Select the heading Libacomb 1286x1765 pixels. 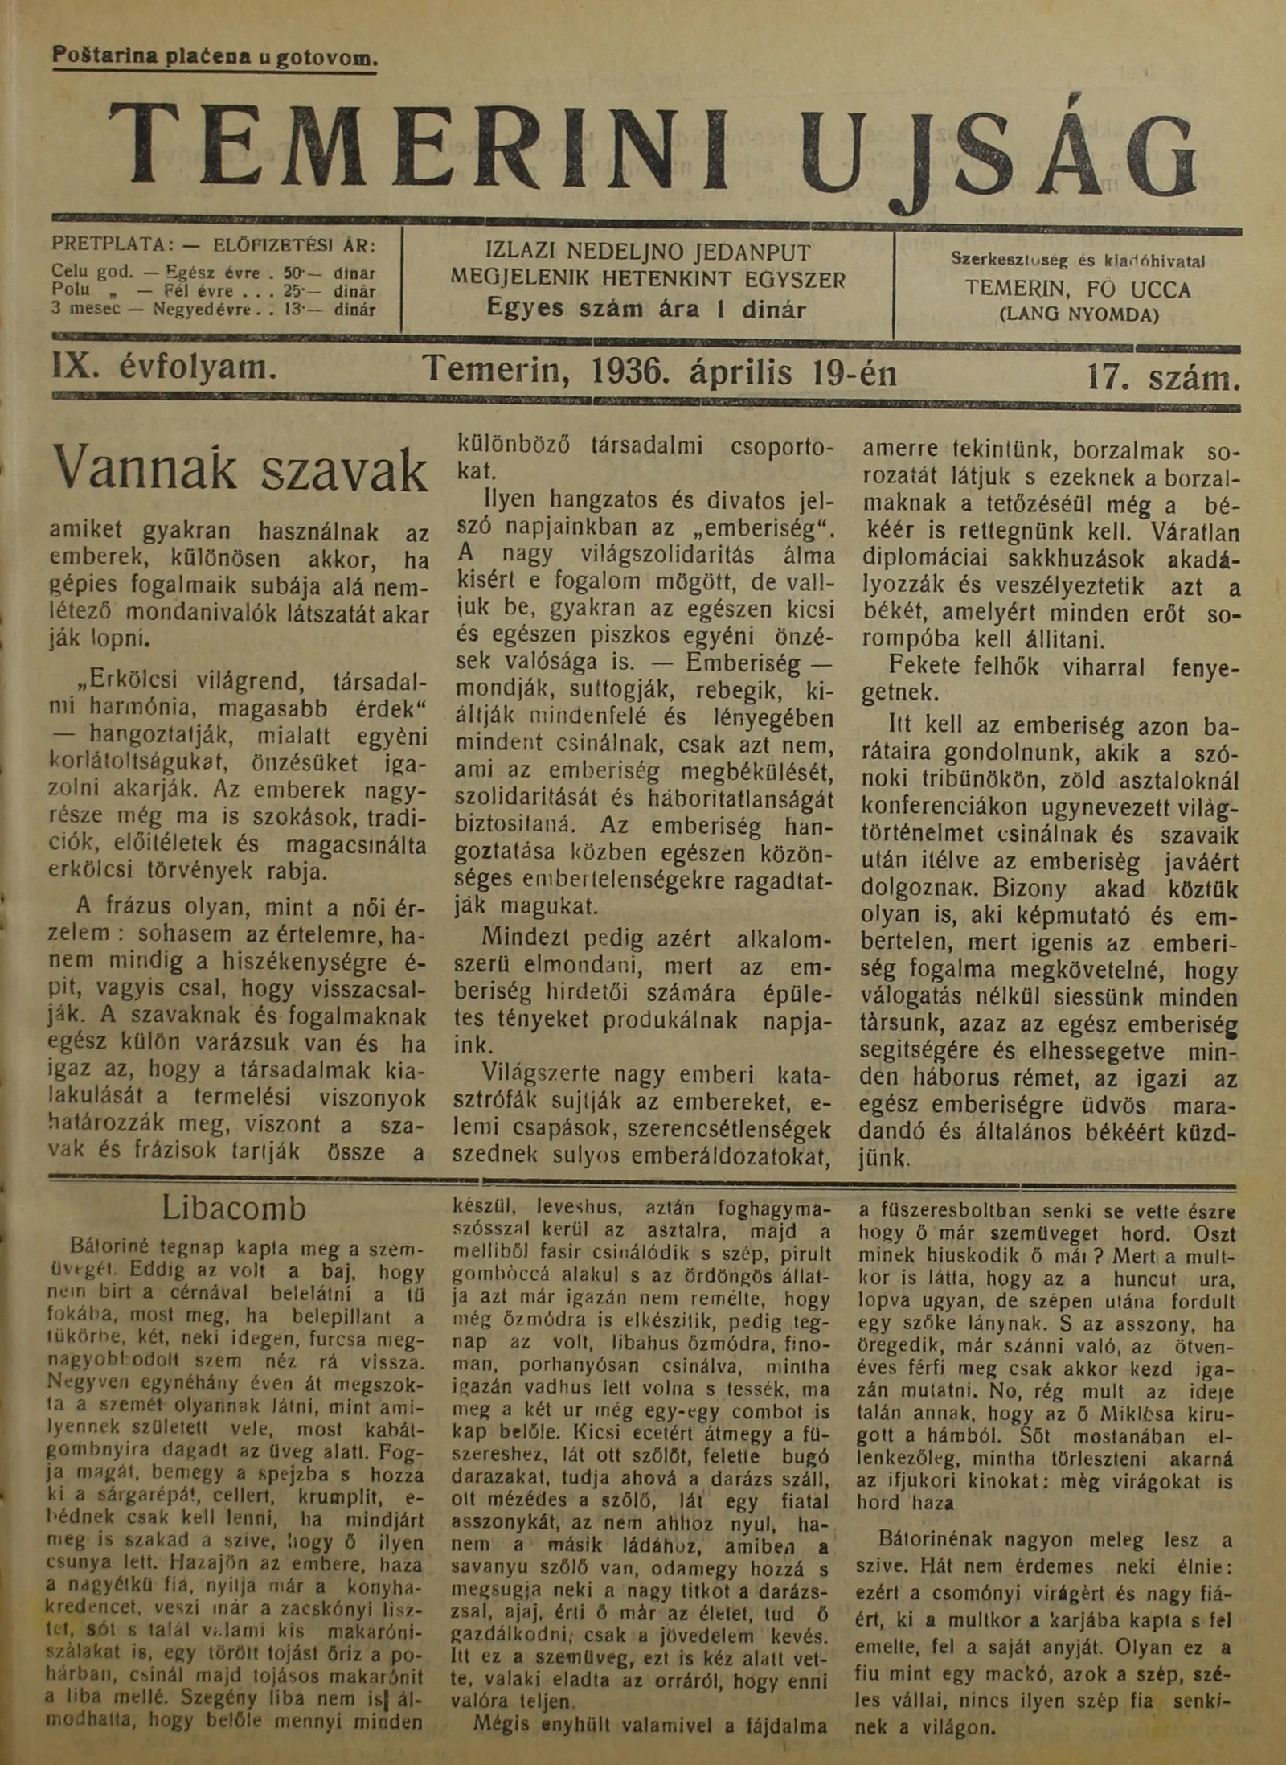point(234,1209)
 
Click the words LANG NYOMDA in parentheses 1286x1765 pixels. point(1079,314)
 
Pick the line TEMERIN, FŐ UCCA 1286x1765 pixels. point(1078,289)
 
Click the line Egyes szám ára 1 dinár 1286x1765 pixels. point(646,308)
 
